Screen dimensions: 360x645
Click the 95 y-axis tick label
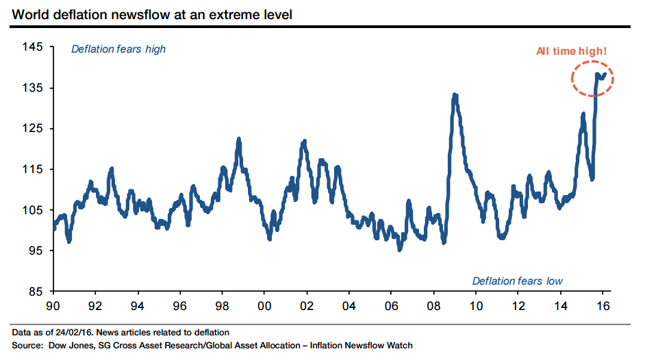[36, 250]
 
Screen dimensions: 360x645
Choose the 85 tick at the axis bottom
[36, 292]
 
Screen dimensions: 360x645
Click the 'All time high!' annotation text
[572, 51]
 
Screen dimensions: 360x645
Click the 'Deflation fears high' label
[118, 49]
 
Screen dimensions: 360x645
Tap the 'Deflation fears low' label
[517, 281]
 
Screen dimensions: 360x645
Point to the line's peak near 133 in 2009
[455, 95]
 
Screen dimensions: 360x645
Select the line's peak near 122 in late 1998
[238, 139]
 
